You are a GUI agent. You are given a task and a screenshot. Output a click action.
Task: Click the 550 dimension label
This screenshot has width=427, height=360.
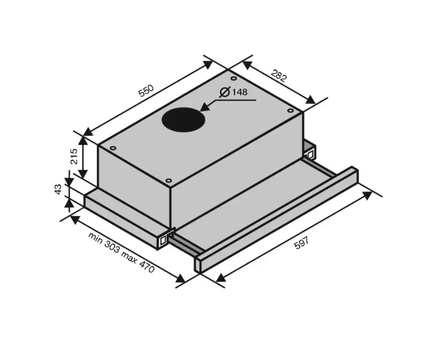pos(146,91)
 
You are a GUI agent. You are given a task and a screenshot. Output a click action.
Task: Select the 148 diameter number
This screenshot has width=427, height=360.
pos(240,92)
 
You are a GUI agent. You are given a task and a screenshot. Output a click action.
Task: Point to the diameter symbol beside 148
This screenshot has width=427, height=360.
pos(225,92)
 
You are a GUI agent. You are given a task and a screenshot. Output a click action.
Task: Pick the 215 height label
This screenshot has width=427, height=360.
pos(74,156)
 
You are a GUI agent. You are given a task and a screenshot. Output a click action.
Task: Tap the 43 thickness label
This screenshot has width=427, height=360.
pos(58,189)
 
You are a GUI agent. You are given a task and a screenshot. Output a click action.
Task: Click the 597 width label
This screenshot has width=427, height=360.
pos(302,243)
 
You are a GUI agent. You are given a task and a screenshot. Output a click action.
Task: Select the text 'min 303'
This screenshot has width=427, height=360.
pos(104,242)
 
